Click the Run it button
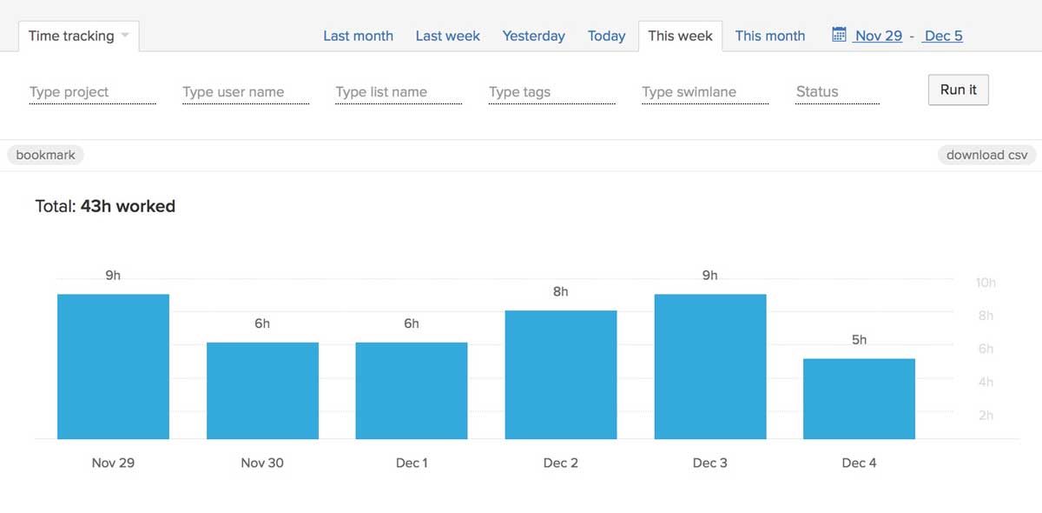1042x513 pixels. [958, 90]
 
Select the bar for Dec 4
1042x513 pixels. [859, 399]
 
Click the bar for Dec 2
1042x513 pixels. [560, 375]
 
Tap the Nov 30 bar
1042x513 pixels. [262, 390]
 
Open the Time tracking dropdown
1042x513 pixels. [78, 36]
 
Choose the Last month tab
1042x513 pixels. [358, 36]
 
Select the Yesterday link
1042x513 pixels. [533, 36]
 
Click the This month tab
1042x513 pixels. [769, 36]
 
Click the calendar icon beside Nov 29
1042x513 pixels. [839, 35]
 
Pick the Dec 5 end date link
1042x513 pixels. [943, 36]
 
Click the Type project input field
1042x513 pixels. [92, 92]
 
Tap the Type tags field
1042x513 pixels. [551, 92]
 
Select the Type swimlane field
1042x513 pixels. [704, 92]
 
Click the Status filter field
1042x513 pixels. [836, 92]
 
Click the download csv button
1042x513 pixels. [986, 155]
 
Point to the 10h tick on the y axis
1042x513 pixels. [986, 283]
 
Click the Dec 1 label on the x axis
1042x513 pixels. [412, 463]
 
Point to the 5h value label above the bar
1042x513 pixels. [859, 340]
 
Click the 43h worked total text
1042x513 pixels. [128, 206]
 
